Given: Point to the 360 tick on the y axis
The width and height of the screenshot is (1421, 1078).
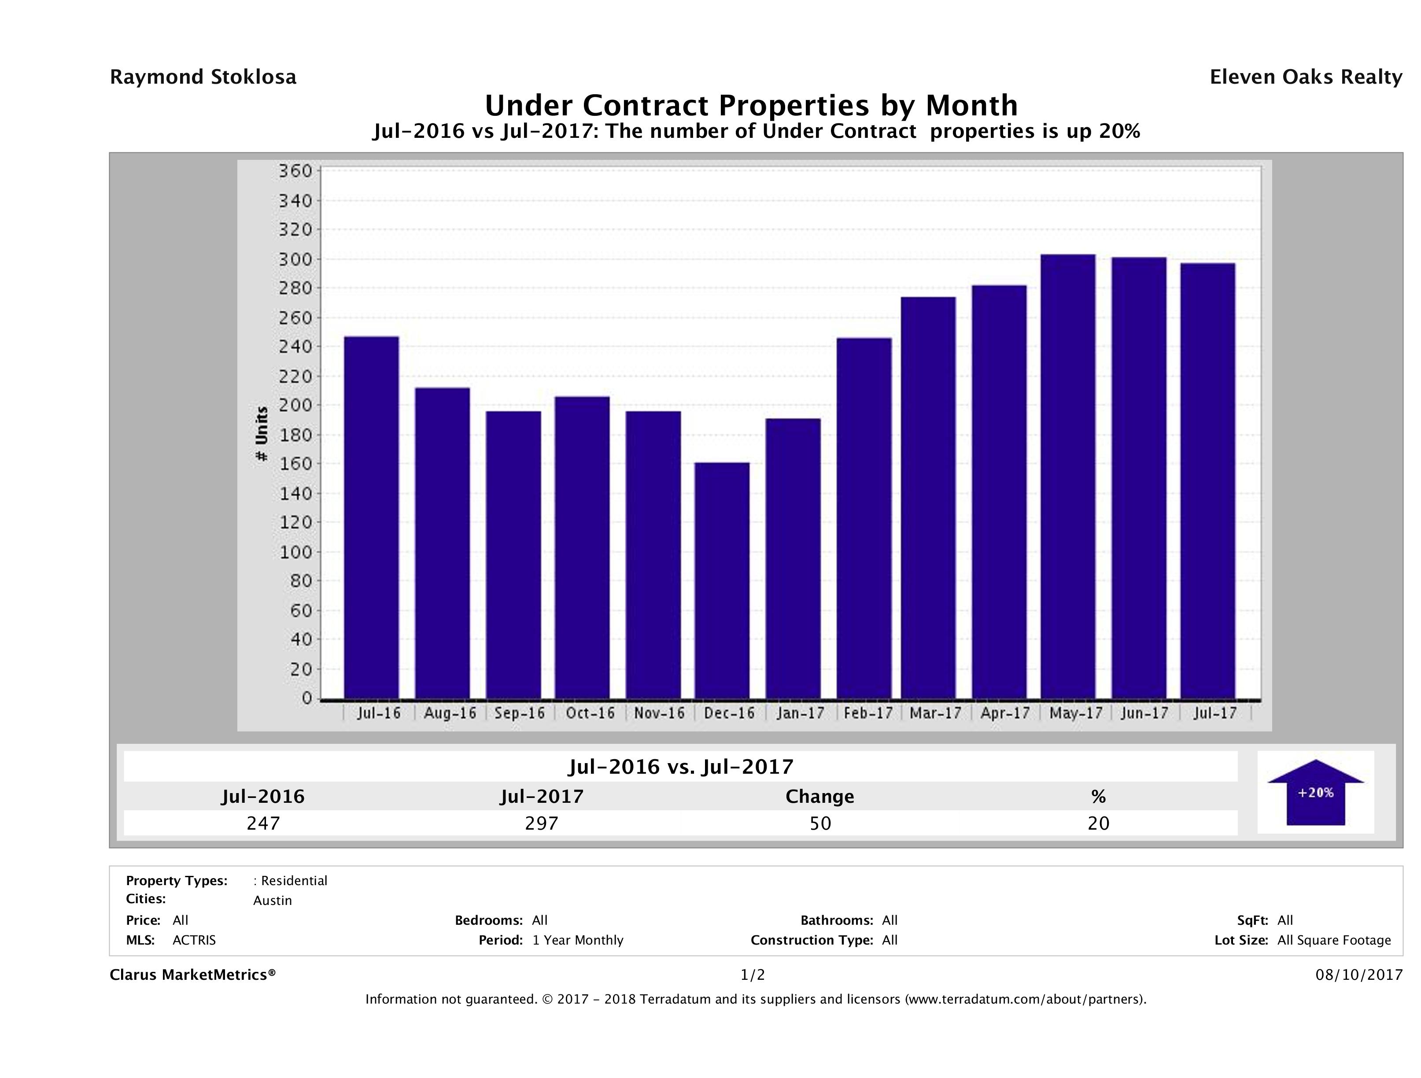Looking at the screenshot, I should pyautogui.click(x=295, y=172).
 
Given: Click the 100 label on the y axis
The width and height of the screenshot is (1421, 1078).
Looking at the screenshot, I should pyautogui.click(x=295, y=552).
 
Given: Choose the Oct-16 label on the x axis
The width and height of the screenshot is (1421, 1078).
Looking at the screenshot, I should pyautogui.click(x=590, y=713).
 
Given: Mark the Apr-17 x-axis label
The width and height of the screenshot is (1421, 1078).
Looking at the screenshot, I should pyautogui.click(x=1005, y=713).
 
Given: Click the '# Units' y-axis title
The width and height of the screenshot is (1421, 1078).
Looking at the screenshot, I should pyautogui.click(x=262, y=434).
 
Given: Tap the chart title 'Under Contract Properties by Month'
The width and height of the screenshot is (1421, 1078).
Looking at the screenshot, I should pyautogui.click(x=751, y=105).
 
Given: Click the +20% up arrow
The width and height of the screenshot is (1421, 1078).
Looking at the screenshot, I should pyautogui.click(x=1315, y=792).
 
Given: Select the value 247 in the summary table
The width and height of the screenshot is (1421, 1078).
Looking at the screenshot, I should pyautogui.click(x=263, y=823).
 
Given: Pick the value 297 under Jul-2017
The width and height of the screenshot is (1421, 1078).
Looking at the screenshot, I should pyautogui.click(x=542, y=823).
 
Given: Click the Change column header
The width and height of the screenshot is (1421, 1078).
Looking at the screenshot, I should pyautogui.click(x=820, y=797).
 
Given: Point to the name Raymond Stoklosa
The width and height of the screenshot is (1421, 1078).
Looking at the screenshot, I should pyautogui.click(x=203, y=77).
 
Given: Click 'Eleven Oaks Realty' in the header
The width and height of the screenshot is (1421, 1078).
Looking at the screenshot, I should pyautogui.click(x=1305, y=77).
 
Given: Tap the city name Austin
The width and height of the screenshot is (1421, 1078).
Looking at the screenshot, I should pyautogui.click(x=273, y=901).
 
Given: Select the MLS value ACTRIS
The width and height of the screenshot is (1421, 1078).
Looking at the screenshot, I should pyautogui.click(x=194, y=940).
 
